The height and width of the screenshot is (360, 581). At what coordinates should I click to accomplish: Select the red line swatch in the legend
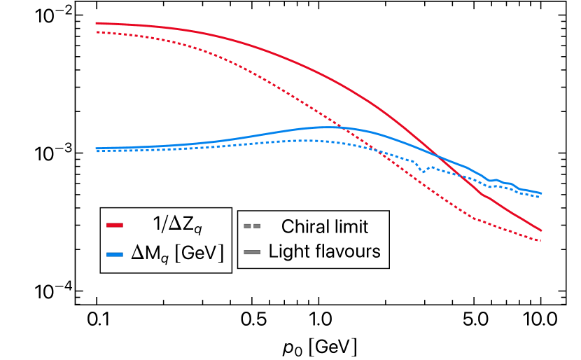click(x=115, y=226)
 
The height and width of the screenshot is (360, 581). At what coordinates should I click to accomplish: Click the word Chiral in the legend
click(x=303, y=227)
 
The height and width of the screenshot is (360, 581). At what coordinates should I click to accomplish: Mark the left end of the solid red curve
click(x=96, y=23)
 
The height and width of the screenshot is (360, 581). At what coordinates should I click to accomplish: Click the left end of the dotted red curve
click(x=96, y=32)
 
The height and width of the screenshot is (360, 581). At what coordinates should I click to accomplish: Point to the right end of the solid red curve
click(x=541, y=230)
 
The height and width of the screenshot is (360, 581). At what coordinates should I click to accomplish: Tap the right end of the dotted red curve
click(x=541, y=241)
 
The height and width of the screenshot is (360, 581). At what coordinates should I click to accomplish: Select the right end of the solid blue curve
click(x=541, y=193)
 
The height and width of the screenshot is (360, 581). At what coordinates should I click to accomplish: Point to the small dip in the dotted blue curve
click(x=422, y=170)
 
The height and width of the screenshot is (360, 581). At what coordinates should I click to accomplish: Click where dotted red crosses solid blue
click(x=343, y=128)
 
